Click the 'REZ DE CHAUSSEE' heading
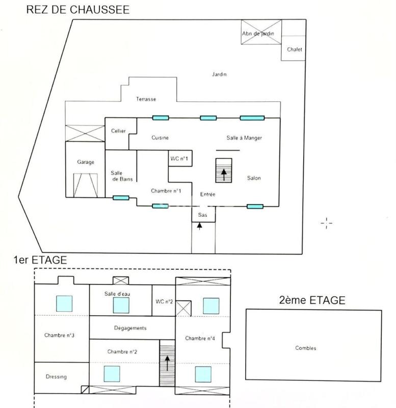pos(77,9)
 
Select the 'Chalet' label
pos(294,49)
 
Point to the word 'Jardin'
pos(219,74)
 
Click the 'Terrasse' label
pos(146,99)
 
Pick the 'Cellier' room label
pos(118,131)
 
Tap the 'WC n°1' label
pos(179,159)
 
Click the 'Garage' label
pos(86,162)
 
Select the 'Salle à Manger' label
pos(245,138)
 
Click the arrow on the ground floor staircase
pos(223,173)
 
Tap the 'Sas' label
pos(202,215)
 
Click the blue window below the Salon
pos(255,207)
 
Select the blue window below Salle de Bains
pos(121,198)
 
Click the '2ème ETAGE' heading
pos(312,300)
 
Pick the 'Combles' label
pos(306,348)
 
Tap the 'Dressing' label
pos(56,377)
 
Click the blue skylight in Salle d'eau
pos(121,305)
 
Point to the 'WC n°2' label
pos(164,301)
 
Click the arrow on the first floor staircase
pos(167,363)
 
